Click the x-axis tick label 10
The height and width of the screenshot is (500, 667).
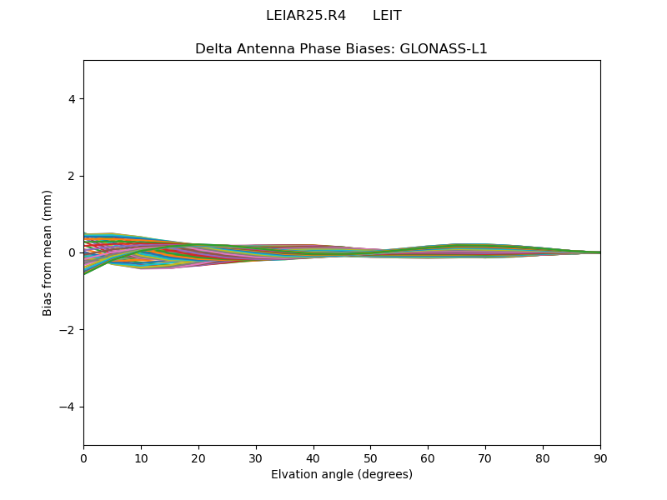(141, 457)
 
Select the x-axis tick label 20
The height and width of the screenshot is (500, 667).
(198, 457)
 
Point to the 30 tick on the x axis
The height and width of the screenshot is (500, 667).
(256, 457)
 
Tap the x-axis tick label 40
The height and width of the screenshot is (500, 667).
(313, 457)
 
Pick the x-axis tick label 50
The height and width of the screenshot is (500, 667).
(370, 457)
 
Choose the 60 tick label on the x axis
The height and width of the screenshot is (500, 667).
(428, 457)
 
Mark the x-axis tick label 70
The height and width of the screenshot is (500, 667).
(485, 457)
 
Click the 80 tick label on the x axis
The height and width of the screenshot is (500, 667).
(543, 457)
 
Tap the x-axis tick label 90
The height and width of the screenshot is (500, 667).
(600, 457)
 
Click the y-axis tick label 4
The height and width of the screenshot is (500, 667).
(73, 99)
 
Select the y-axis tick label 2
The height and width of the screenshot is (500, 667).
(73, 176)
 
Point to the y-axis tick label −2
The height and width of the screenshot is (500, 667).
(69, 330)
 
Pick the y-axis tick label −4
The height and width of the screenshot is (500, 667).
(69, 407)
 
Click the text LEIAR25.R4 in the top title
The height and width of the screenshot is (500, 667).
(306, 16)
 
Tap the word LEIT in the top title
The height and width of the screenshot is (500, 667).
(387, 16)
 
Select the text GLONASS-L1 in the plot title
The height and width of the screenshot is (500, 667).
(444, 49)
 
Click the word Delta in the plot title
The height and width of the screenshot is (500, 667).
(213, 49)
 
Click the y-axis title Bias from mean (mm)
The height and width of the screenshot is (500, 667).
(48, 252)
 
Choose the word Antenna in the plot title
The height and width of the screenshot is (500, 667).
(262, 49)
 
